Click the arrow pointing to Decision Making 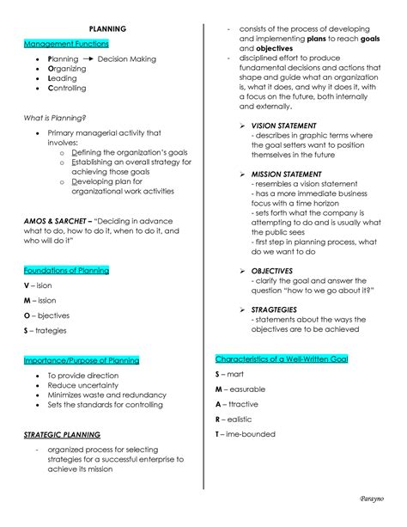(x=88, y=59)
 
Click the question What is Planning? (x=55, y=118)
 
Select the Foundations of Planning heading (x=67, y=270)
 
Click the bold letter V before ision (x=27, y=285)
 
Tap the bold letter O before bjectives (x=27, y=316)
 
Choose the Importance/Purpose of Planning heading (x=82, y=360)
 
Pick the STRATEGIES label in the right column (x=274, y=309)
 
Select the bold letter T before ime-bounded (x=218, y=434)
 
